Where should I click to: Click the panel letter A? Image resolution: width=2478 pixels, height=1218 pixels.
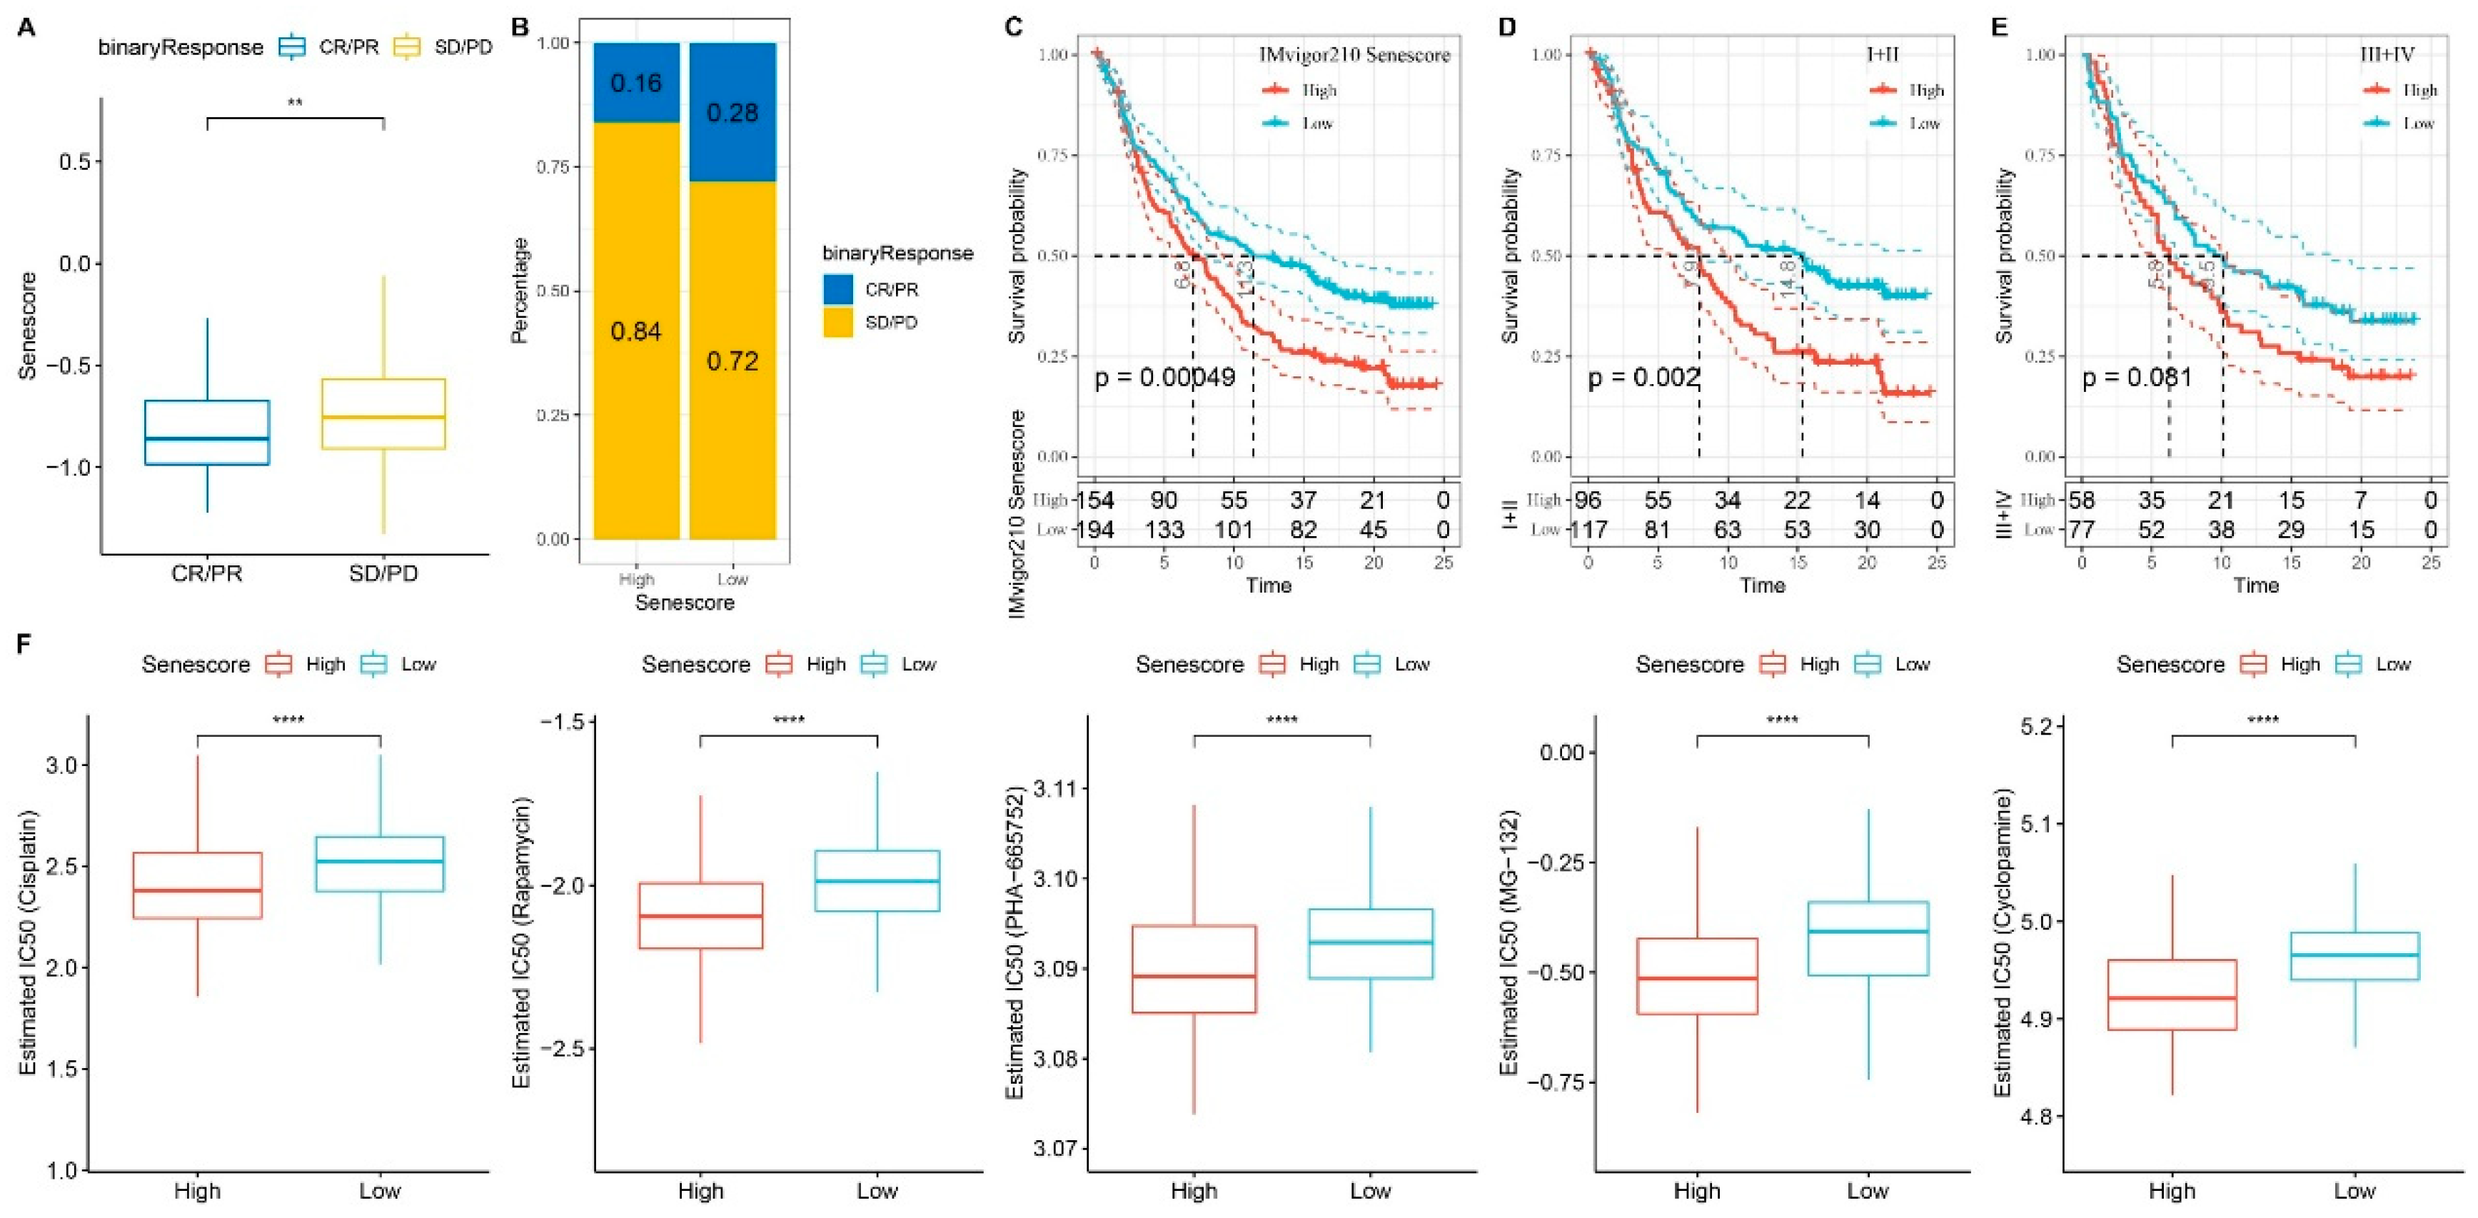27,28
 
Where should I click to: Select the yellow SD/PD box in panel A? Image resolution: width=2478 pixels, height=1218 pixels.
383,413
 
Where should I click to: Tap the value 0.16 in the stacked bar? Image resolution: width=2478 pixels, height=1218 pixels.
636,83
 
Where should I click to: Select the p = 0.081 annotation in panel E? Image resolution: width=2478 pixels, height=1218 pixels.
2137,377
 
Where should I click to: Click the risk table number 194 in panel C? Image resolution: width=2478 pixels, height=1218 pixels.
1094,530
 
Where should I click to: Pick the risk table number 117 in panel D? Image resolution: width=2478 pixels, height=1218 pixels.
1588,530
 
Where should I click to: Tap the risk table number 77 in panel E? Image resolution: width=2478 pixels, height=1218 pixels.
2082,530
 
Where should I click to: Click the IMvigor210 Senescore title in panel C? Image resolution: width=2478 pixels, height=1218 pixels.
1354,56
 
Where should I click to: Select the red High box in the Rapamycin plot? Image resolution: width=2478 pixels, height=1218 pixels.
700,916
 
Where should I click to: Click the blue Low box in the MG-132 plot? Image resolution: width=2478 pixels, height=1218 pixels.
1867,939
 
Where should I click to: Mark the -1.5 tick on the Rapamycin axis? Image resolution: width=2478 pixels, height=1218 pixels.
560,722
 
